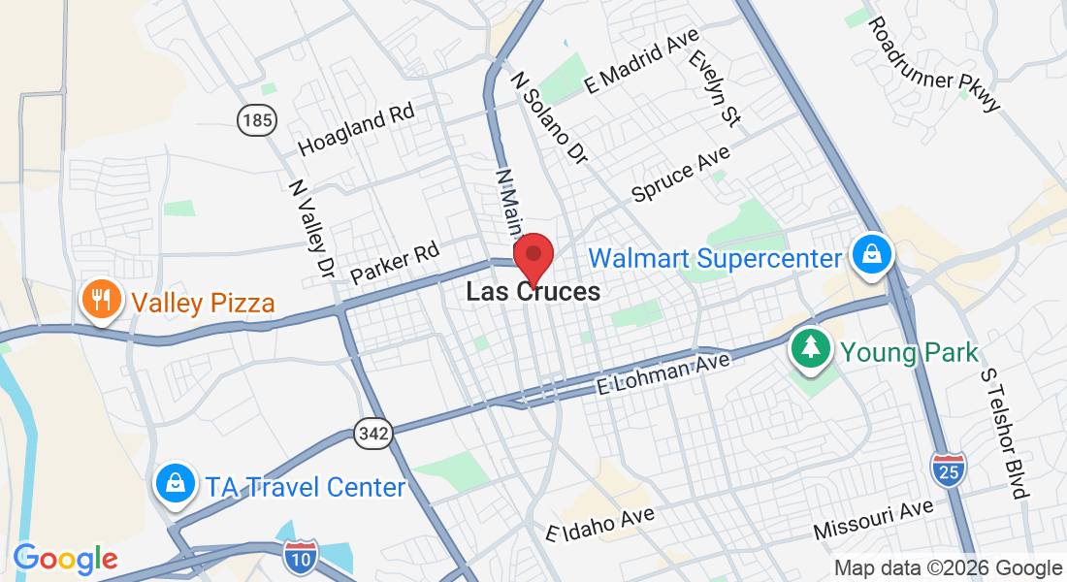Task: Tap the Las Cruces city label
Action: [x=533, y=291]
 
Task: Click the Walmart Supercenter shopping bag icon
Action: [x=872, y=255]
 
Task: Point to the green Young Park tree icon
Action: [x=810, y=349]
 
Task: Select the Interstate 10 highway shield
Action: [x=301, y=556]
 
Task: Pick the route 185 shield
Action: [x=256, y=120]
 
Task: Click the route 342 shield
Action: [x=372, y=433]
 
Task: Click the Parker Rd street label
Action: [x=395, y=263]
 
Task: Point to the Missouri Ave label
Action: [x=873, y=519]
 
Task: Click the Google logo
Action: [x=65, y=559]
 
